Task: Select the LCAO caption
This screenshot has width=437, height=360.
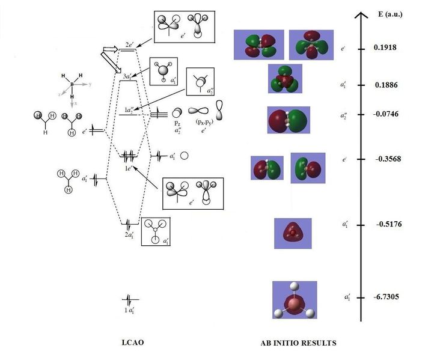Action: (133, 343)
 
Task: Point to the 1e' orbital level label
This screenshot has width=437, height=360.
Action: (129, 168)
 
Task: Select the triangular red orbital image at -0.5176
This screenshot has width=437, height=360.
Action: (293, 233)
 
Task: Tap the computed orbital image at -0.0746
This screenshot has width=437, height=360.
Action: (288, 120)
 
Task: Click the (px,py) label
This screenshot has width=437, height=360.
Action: (203, 122)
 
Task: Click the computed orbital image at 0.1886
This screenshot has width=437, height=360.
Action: (285, 79)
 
